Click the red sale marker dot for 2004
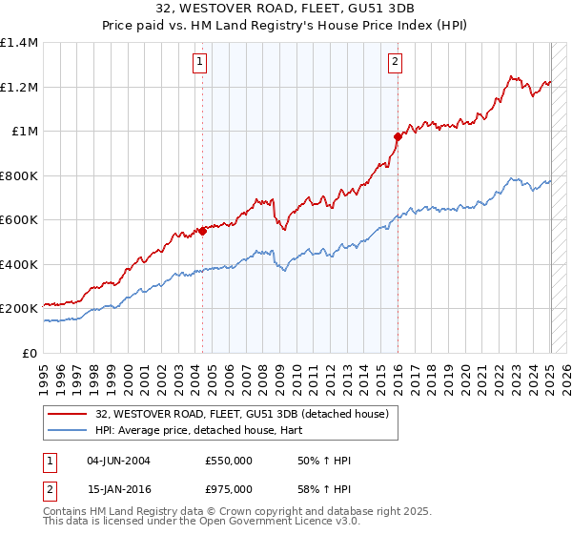(202, 231)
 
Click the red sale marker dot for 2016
(398, 136)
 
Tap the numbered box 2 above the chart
(395, 63)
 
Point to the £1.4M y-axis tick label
(19, 43)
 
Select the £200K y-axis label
(19, 309)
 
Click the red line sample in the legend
(68, 415)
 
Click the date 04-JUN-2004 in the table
(118, 461)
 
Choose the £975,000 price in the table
(229, 489)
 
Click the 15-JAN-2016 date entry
(118, 489)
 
